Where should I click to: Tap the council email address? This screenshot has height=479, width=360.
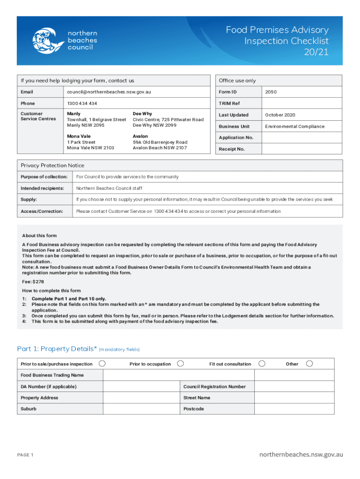tap(108, 92)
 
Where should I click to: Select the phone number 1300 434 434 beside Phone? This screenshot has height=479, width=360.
tap(82, 103)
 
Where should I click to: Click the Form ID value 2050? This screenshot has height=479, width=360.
tap(271, 92)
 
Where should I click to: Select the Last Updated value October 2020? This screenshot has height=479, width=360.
tap(280, 115)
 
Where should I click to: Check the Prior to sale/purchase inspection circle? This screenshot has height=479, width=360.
tap(102, 363)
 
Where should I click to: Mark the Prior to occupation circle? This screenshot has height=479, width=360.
tap(180, 363)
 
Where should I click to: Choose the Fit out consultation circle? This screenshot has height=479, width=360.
tap(262, 363)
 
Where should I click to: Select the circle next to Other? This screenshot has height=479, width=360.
tap(309, 363)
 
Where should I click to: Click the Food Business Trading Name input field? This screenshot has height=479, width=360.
tap(178, 375)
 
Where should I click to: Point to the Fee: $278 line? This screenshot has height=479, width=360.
tap(33, 282)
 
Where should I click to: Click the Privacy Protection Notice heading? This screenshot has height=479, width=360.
tap(52, 165)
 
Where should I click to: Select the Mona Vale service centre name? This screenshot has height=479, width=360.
tap(78, 136)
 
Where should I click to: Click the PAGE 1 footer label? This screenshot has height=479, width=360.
tap(25, 455)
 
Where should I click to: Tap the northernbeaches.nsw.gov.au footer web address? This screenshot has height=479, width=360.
tap(302, 454)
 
